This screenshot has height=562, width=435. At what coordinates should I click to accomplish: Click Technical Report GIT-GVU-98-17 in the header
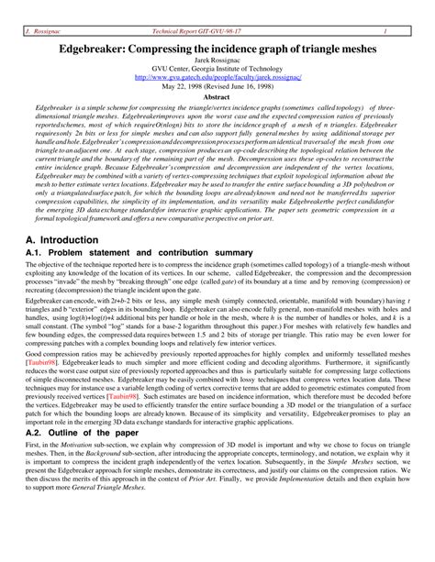click(x=217, y=8)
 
